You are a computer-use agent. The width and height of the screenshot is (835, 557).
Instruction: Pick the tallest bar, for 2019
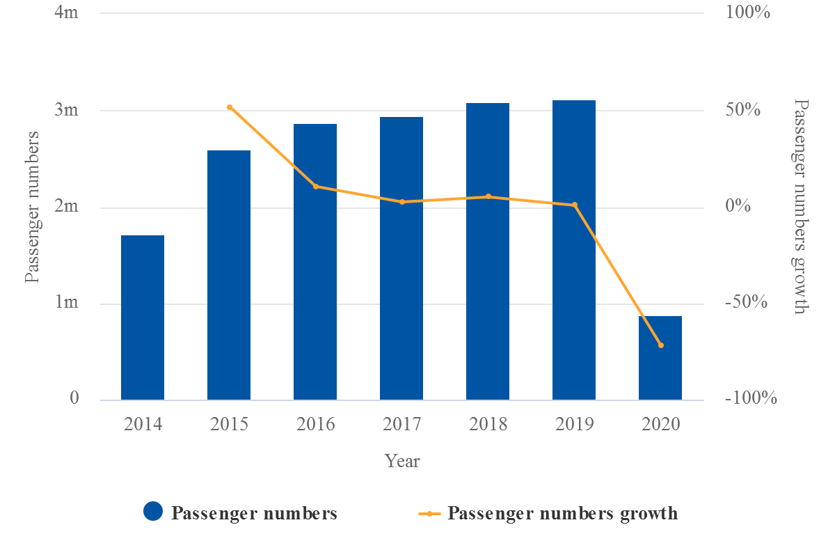(x=574, y=250)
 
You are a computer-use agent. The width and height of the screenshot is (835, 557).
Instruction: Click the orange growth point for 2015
(x=229, y=107)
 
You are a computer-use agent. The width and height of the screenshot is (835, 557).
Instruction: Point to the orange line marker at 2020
(x=660, y=345)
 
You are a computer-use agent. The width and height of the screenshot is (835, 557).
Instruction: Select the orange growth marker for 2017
(x=401, y=202)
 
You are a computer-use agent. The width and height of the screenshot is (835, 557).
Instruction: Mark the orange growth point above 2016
(x=315, y=186)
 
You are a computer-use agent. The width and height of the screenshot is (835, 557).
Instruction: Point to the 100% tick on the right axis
(x=749, y=13)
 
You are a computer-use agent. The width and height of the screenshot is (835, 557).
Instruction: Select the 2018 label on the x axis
(x=488, y=424)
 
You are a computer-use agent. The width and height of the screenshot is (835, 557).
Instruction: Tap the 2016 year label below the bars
(x=315, y=424)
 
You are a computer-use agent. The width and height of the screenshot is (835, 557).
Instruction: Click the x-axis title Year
(x=402, y=461)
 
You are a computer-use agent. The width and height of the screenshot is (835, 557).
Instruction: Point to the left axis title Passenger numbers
(x=32, y=207)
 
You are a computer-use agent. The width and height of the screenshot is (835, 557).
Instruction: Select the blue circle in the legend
(x=153, y=512)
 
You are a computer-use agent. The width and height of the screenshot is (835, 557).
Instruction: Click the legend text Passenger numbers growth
(x=562, y=514)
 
